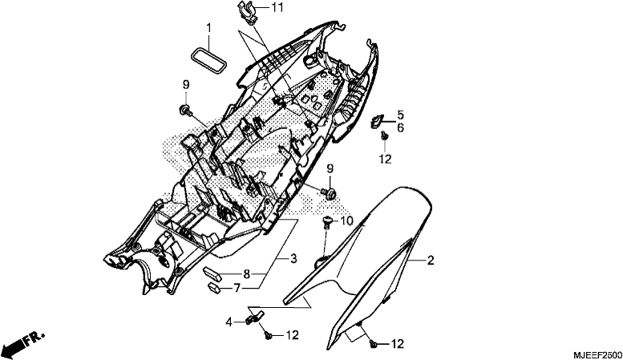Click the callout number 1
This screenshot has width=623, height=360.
pyautogui.click(x=208, y=28)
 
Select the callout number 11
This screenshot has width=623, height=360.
pyautogui.click(x=277, y=7)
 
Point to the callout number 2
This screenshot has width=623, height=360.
pyautogui.click(x=431, y=261)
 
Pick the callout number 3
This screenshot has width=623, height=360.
pyautogui.click(x=293, y=259)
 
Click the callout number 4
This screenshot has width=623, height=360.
pyautogui.click(x=229, y=322)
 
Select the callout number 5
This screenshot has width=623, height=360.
pyautogui.click(x=400, y=115)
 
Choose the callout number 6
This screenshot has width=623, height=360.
pyautogui.click(x=400, y=128)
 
